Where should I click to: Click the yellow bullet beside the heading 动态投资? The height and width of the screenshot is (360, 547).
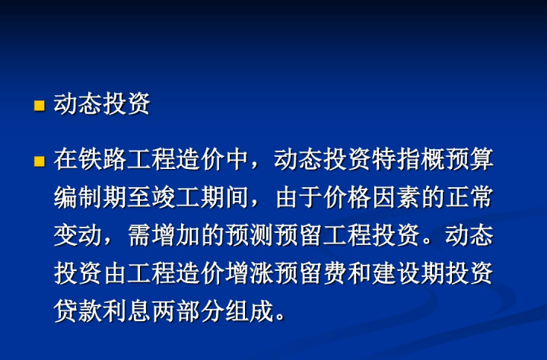coord(40,106)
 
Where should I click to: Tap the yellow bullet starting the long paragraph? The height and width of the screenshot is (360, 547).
coord(40,161)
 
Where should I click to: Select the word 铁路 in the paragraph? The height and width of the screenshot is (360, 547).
coord(102,159)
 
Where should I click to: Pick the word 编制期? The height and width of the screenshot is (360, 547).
coord(91,197)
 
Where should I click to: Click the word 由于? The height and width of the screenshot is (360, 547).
coord(299,197)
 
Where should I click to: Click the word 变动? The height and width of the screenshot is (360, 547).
coord(78,235)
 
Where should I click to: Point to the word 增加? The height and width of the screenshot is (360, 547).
coord(176,235)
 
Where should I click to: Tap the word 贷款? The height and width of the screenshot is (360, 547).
coord(78,311)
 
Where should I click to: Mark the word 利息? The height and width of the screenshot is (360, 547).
coord(126,311)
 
